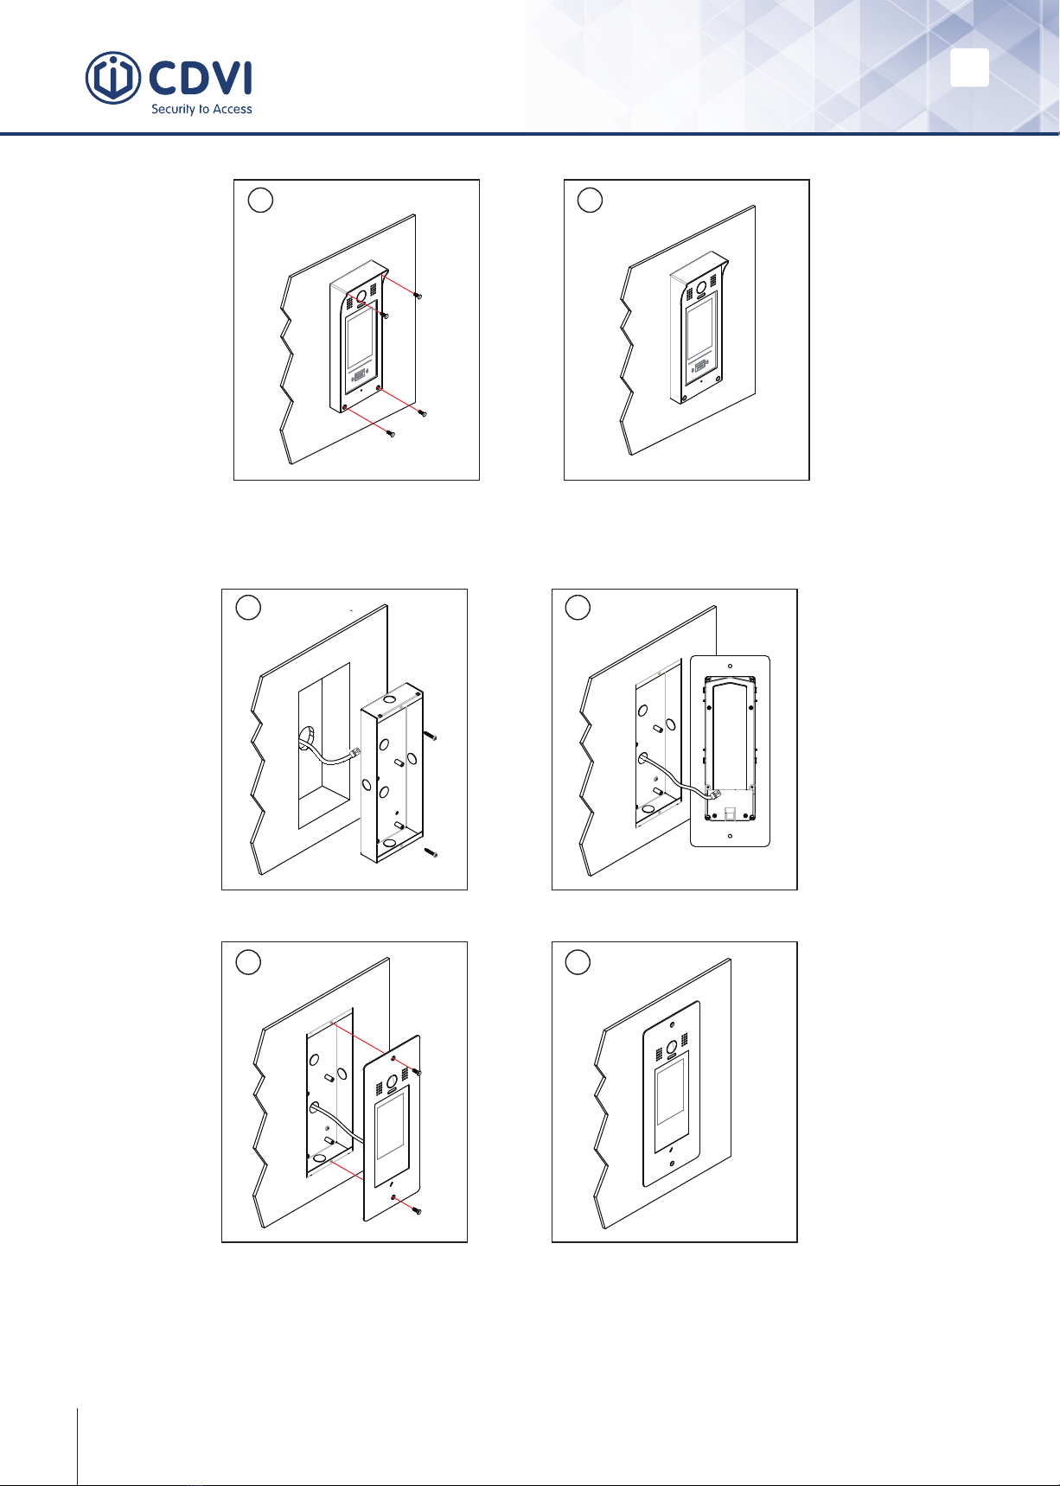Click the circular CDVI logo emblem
113,78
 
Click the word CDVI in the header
201,79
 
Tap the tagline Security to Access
201,110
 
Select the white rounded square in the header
969,67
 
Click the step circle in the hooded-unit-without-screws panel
590,200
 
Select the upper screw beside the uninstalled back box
430,736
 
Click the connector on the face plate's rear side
714,794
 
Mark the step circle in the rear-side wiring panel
578,608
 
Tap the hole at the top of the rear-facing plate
730,666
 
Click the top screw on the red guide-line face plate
417,1072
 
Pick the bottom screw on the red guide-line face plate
416,1210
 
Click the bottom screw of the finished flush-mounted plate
672,1164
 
